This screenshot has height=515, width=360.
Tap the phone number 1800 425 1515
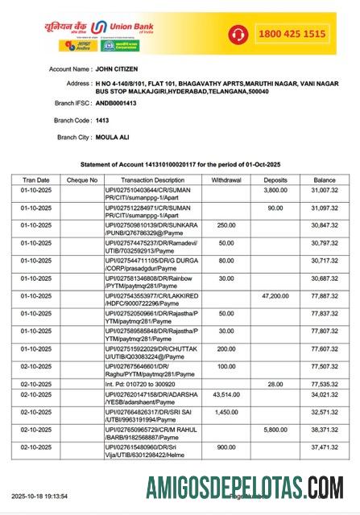click(291, 34)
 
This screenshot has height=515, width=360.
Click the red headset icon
click(238, 34)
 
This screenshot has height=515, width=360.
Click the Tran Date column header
click(35, 180)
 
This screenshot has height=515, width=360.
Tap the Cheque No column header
click(82, 180)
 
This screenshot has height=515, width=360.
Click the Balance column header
click(325, 180)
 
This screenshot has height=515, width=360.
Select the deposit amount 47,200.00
click(274, 295)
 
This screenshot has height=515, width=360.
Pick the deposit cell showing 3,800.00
click(275, 191)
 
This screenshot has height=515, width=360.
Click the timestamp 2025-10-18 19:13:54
click(39, 496)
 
